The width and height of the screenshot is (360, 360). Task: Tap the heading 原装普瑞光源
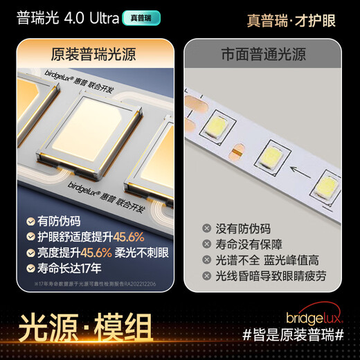click(x=93, y=54)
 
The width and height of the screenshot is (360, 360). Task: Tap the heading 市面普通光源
click(x=263, y=54)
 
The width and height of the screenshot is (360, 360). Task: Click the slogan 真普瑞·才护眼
click(x=291, y=20)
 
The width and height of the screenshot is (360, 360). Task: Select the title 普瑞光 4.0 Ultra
click(x=66, y=17)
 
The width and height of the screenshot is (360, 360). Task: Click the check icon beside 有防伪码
click(x=30, y=222)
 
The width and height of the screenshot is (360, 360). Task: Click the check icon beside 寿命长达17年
click(x=30, y=269)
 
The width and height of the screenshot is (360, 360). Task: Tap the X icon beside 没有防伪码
click(x=206, y=228)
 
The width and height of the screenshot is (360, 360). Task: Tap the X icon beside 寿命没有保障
click(x=206, y=244)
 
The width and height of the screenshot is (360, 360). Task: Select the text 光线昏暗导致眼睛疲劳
click(x=274, y=276)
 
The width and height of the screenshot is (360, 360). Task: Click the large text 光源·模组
click(x=87, y=326)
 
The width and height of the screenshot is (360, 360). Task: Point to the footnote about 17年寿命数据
click(x=93, y=284)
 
